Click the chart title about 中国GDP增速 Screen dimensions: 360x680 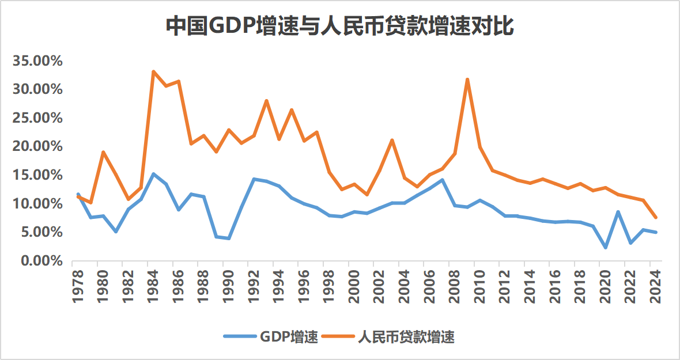click(339, 26)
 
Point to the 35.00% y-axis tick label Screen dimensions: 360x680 click(37, 61)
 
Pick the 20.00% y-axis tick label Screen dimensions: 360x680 click(37, 146)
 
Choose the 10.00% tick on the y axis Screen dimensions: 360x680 click(37, 203)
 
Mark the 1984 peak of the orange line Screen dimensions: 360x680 click(153, 72)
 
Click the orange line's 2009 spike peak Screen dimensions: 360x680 click(467, 79)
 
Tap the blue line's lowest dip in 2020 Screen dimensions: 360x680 click(606, 248)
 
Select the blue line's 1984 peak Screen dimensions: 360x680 click(153, 174)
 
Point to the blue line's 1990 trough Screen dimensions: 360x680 click(229, 238)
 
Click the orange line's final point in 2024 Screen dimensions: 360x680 click(656, 218)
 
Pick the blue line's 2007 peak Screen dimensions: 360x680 click(442, 180)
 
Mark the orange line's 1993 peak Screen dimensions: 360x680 click(266, 101)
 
